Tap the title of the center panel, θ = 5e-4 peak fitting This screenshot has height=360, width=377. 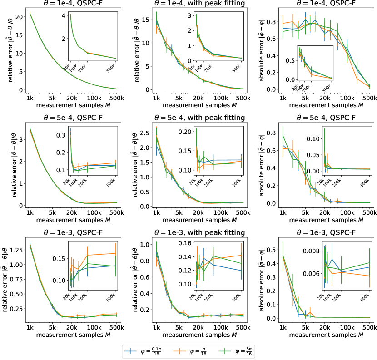tap(199, 118)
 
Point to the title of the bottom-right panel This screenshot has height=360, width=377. tap(326, 232)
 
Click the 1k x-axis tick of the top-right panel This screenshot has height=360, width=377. tap(283, 98)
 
